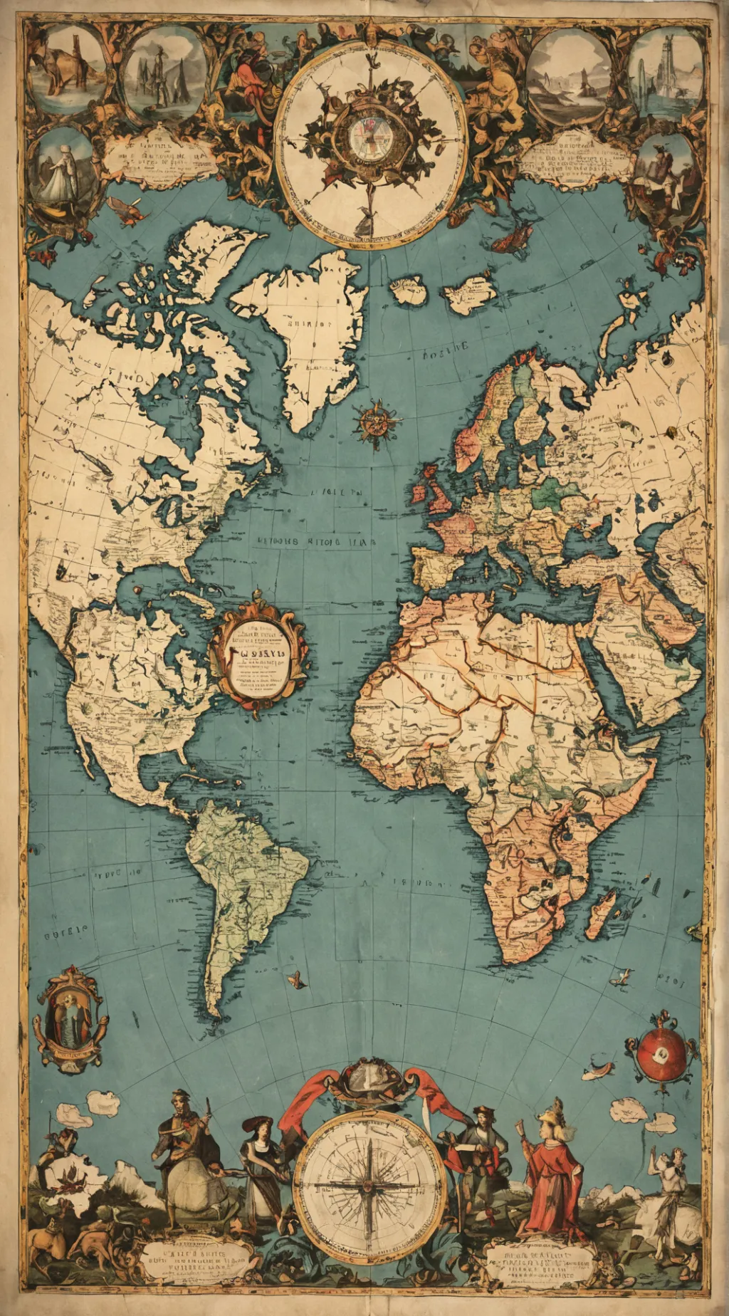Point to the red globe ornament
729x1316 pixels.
point(662,1055)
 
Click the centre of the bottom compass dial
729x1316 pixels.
point(369,1185)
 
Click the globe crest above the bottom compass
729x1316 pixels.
point(371,1078)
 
